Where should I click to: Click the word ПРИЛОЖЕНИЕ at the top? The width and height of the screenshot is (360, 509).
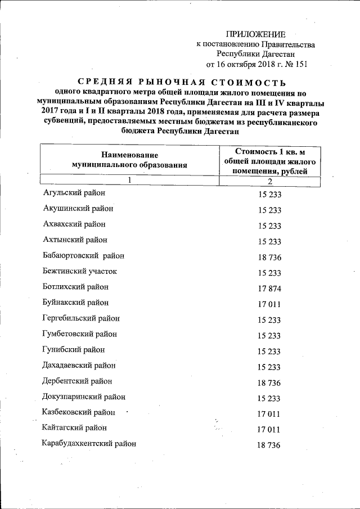pyautogui.click(x=256, y=34)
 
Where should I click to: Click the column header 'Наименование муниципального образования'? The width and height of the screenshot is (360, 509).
pyautogui.click(x=129, y=160)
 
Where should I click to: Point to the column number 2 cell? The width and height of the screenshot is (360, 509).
pyautogui.click(x=270, y=181)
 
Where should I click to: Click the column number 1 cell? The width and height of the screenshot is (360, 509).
pyautogui.click(x=129, y=181)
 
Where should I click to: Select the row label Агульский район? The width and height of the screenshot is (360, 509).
pyautogui.click(x=74, y=193)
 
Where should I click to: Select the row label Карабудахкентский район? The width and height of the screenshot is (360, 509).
pyautogui.click(x=89, y=444)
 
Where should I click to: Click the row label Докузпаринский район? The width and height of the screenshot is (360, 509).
pyautogui.click(x=84, y=397)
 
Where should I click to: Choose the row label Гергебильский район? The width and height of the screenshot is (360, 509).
pyautogui.click(x=81, y=318)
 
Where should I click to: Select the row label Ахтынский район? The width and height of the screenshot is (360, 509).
pyautogui.click(x=75, y=240)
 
